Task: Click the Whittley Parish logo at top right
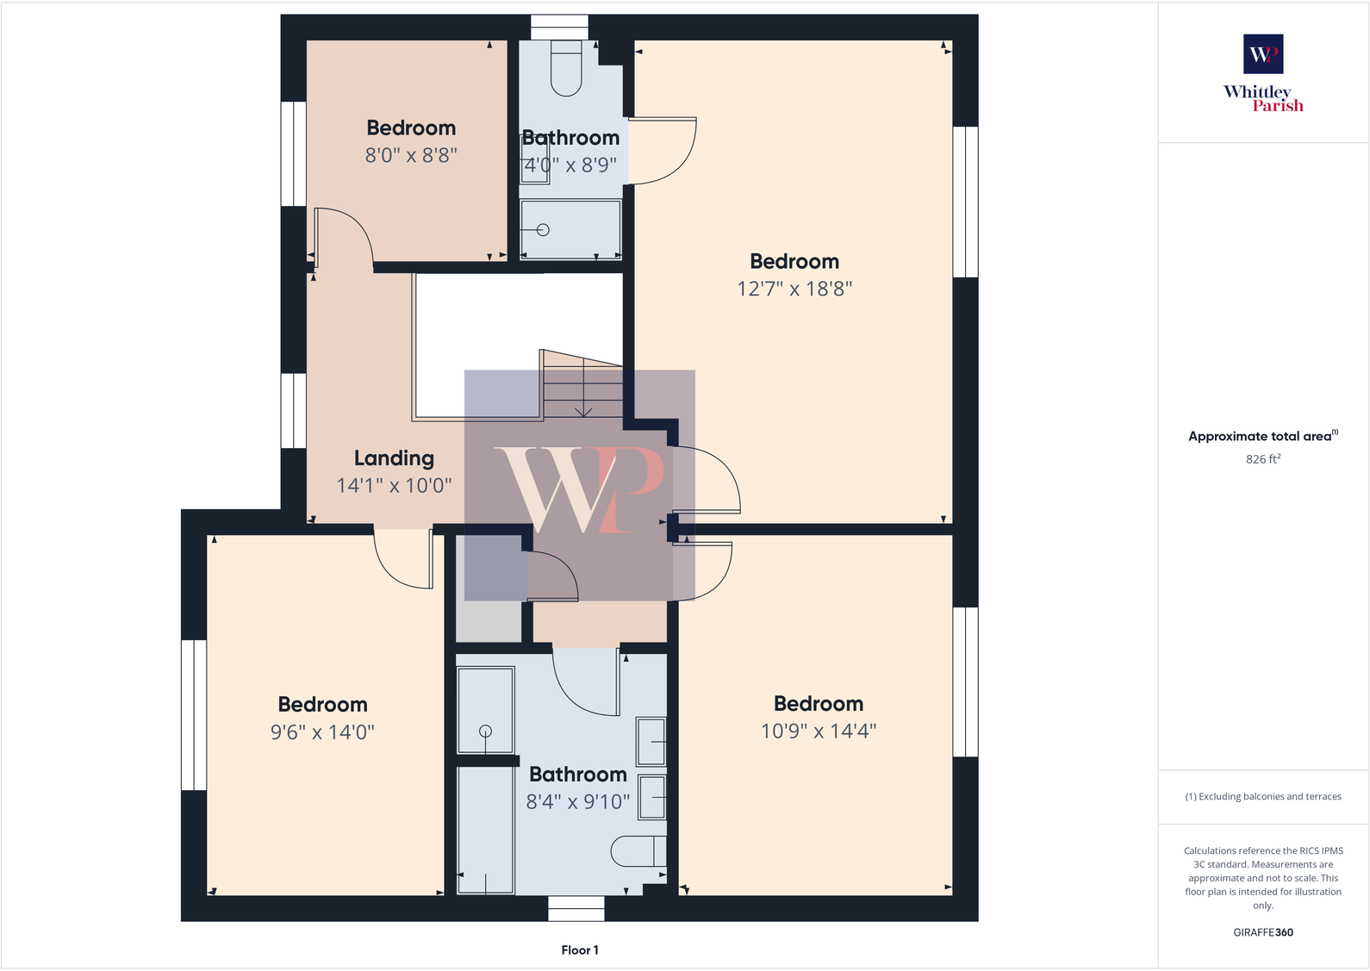(x=1263, y=72)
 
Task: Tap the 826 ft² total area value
(x=1263, y=459)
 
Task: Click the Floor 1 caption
(x=580, y=950)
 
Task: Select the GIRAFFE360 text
(x=1263, y=932)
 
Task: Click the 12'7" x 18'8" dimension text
(x=794, y=289)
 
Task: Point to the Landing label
(x=394, y=458)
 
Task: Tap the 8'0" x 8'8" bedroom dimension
(x=411, y=155)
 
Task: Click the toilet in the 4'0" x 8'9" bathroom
(x=566, y=69)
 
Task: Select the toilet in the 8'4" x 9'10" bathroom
(x=638, y=851)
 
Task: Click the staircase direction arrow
(x=583, y=412)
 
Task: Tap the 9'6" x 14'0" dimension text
(x=322, y=732)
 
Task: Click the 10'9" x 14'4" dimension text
(x=818, y=731)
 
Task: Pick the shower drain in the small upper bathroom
(x=543, y=230)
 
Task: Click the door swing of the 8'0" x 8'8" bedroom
(x=345, y=237)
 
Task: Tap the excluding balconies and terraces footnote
(x=1263, y=797)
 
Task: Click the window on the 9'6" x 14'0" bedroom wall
(x=194, y=714)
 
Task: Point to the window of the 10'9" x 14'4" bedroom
(x=965, y=682)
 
